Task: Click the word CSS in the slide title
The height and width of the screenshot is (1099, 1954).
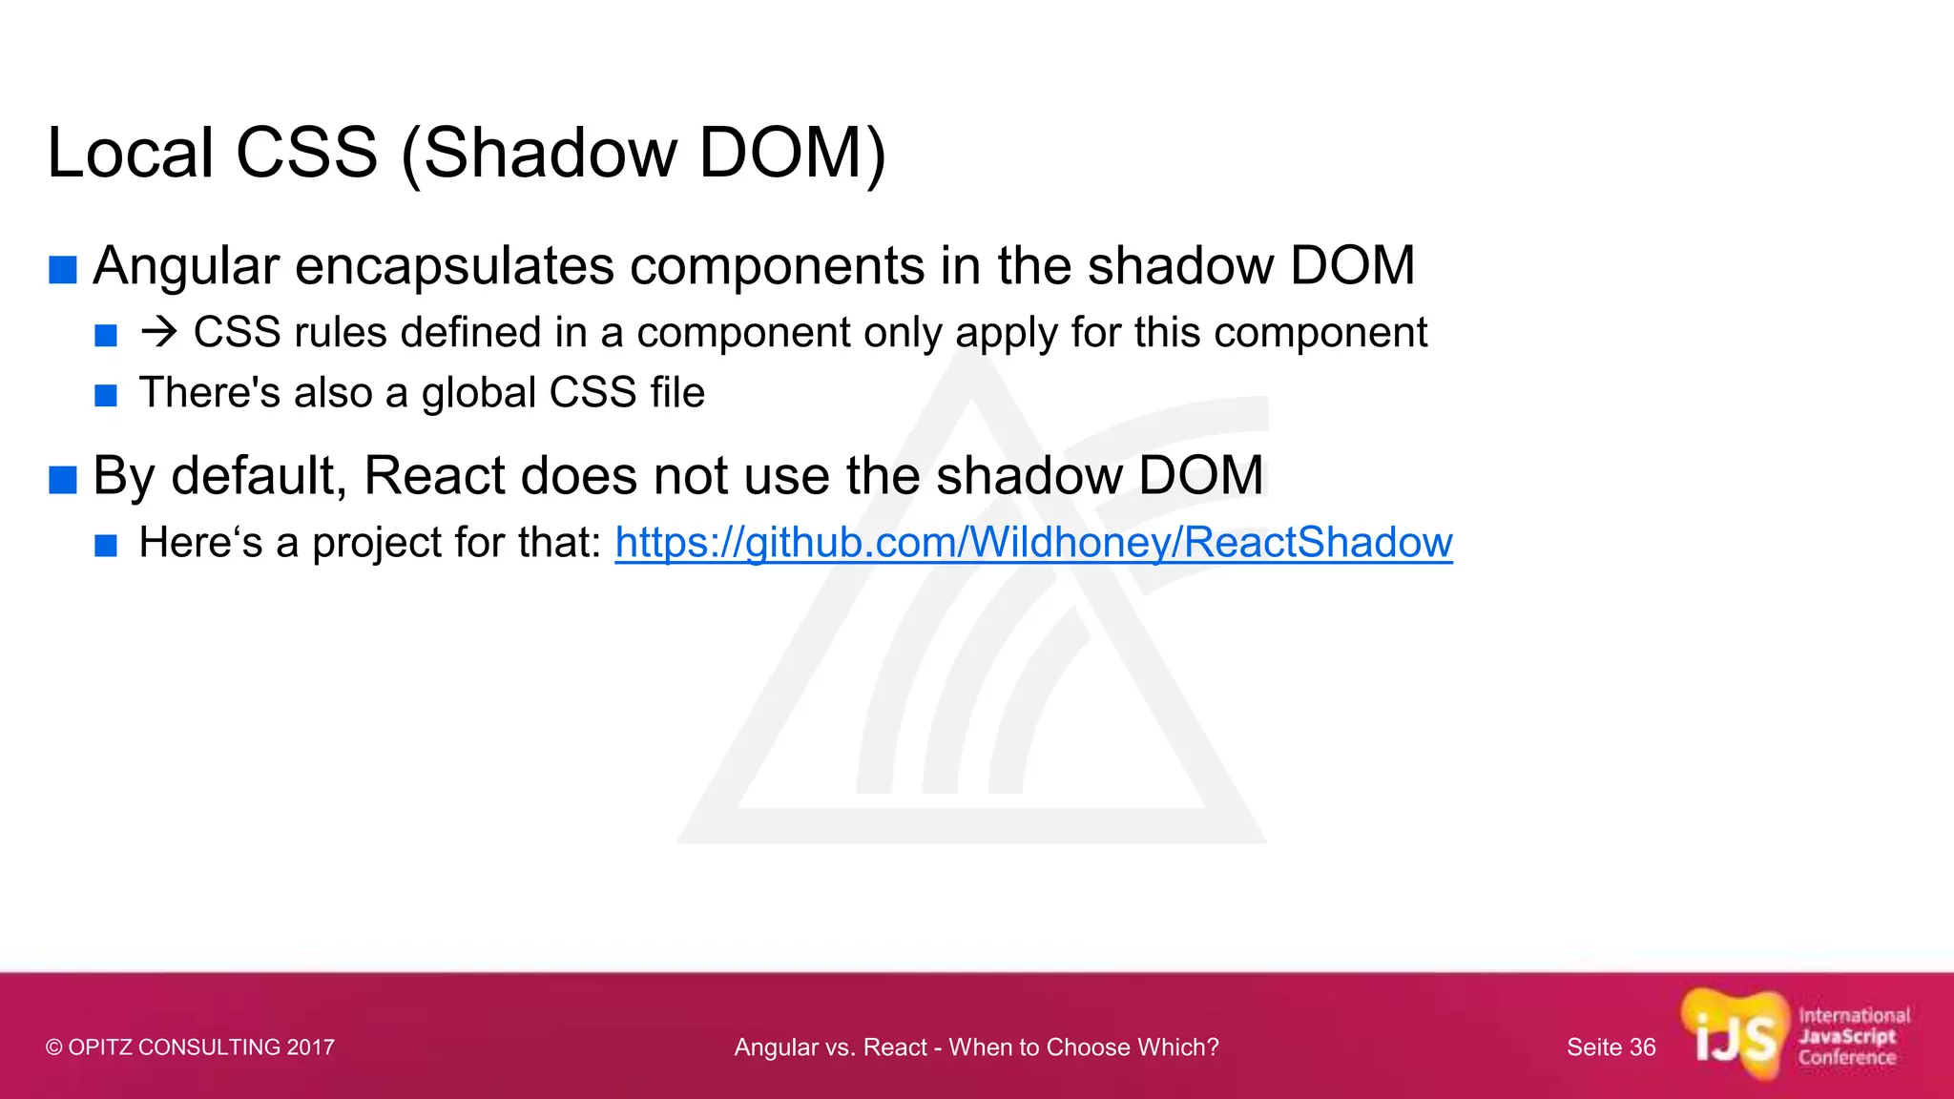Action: tap(306, 153)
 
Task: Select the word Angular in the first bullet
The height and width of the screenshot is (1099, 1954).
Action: tap(186, 266)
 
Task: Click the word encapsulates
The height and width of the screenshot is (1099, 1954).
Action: tap(455, 266)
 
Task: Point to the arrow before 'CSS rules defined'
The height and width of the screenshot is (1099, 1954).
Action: tap(158, 332)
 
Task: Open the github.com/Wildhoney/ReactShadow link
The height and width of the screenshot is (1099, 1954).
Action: tap(1033, 543)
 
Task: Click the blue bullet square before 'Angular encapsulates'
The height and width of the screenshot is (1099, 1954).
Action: tap(63, 270)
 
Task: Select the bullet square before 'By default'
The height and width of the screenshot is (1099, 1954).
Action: tap(63, 480)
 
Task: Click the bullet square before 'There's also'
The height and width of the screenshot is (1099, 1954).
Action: tap(106, 395)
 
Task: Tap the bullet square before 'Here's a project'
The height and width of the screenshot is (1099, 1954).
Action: tap(106, 546)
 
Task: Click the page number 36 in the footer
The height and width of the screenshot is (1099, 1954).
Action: tap(1642, 1047)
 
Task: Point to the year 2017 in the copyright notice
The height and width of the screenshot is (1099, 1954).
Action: tap(310, 1047)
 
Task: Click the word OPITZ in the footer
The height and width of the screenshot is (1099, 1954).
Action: tap(100, 1047)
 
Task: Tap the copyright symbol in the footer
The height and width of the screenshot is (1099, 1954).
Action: tap(54, 1047)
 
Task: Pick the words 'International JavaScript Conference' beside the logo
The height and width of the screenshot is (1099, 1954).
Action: tap(1853, 1037)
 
